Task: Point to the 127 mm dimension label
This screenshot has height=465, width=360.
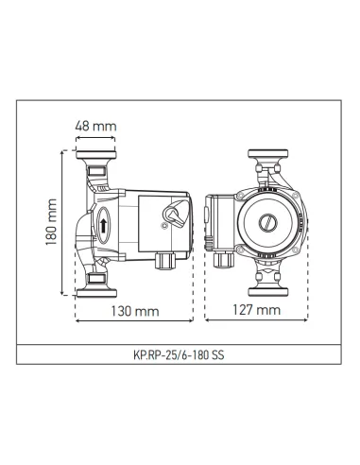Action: click(x=255, y=309)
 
